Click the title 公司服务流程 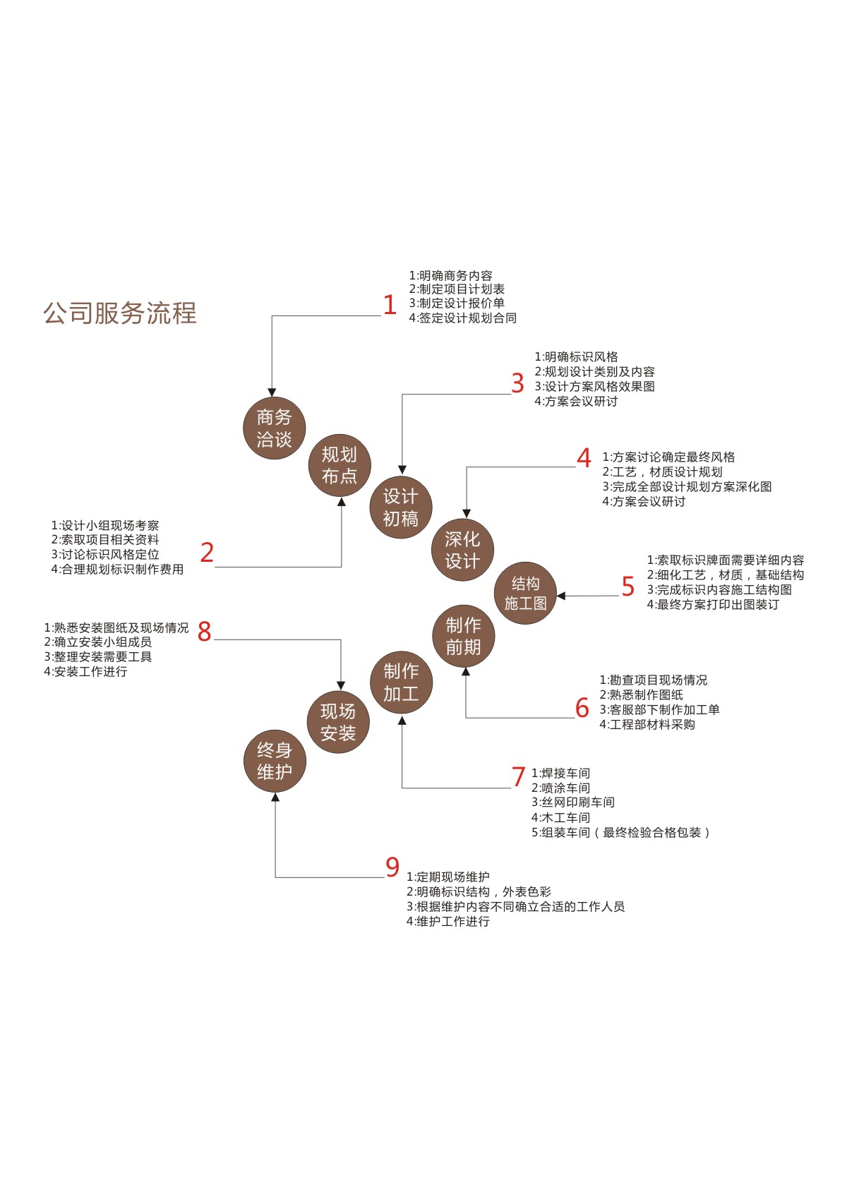click(120, 313)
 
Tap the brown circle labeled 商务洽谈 click(274, 428)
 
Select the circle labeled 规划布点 click(340, 465)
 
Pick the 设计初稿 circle click(400, 507)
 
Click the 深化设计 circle click(462, 550)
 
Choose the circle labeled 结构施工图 click(525, 593)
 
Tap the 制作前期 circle click(463, 636)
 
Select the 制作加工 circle click(401, 682)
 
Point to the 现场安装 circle click(338, 722)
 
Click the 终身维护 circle click(275, 761)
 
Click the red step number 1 click(390, 305)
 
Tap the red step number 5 click(627, 587)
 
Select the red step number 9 click(392, 867)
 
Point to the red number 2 click(206, 553)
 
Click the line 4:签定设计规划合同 click(462, 318)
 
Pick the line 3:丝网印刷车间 click(572, 802)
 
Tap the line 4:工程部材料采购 click(647, 725)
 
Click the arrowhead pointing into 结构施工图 click(561, 596)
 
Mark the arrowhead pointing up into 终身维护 click(275, 798)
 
